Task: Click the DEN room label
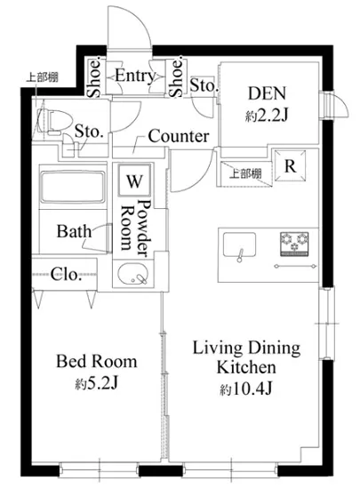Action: tap(267, 93)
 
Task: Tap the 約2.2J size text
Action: tap(267, 116)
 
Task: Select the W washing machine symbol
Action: tap(134, 180)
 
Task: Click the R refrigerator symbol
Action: tap(290, 166)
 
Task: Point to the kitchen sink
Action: tap(239, 245)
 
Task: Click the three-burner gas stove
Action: tap(294, 244)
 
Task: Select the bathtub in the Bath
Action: tap(73, 187)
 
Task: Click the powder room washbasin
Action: tap(133, 274)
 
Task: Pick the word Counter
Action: tap(179, 136)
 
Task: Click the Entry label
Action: tap(135, 76)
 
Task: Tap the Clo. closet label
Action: tap(67, 275)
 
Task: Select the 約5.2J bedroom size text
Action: tap(96, 384)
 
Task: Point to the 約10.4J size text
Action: tap(246, 389)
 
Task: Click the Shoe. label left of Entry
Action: tap(94, 77)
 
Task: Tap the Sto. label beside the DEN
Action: tap(203, 84)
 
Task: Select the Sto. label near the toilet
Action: tap(89, 132)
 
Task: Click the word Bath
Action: tap(74, 231)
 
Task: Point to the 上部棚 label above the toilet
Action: tap(42, 77)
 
